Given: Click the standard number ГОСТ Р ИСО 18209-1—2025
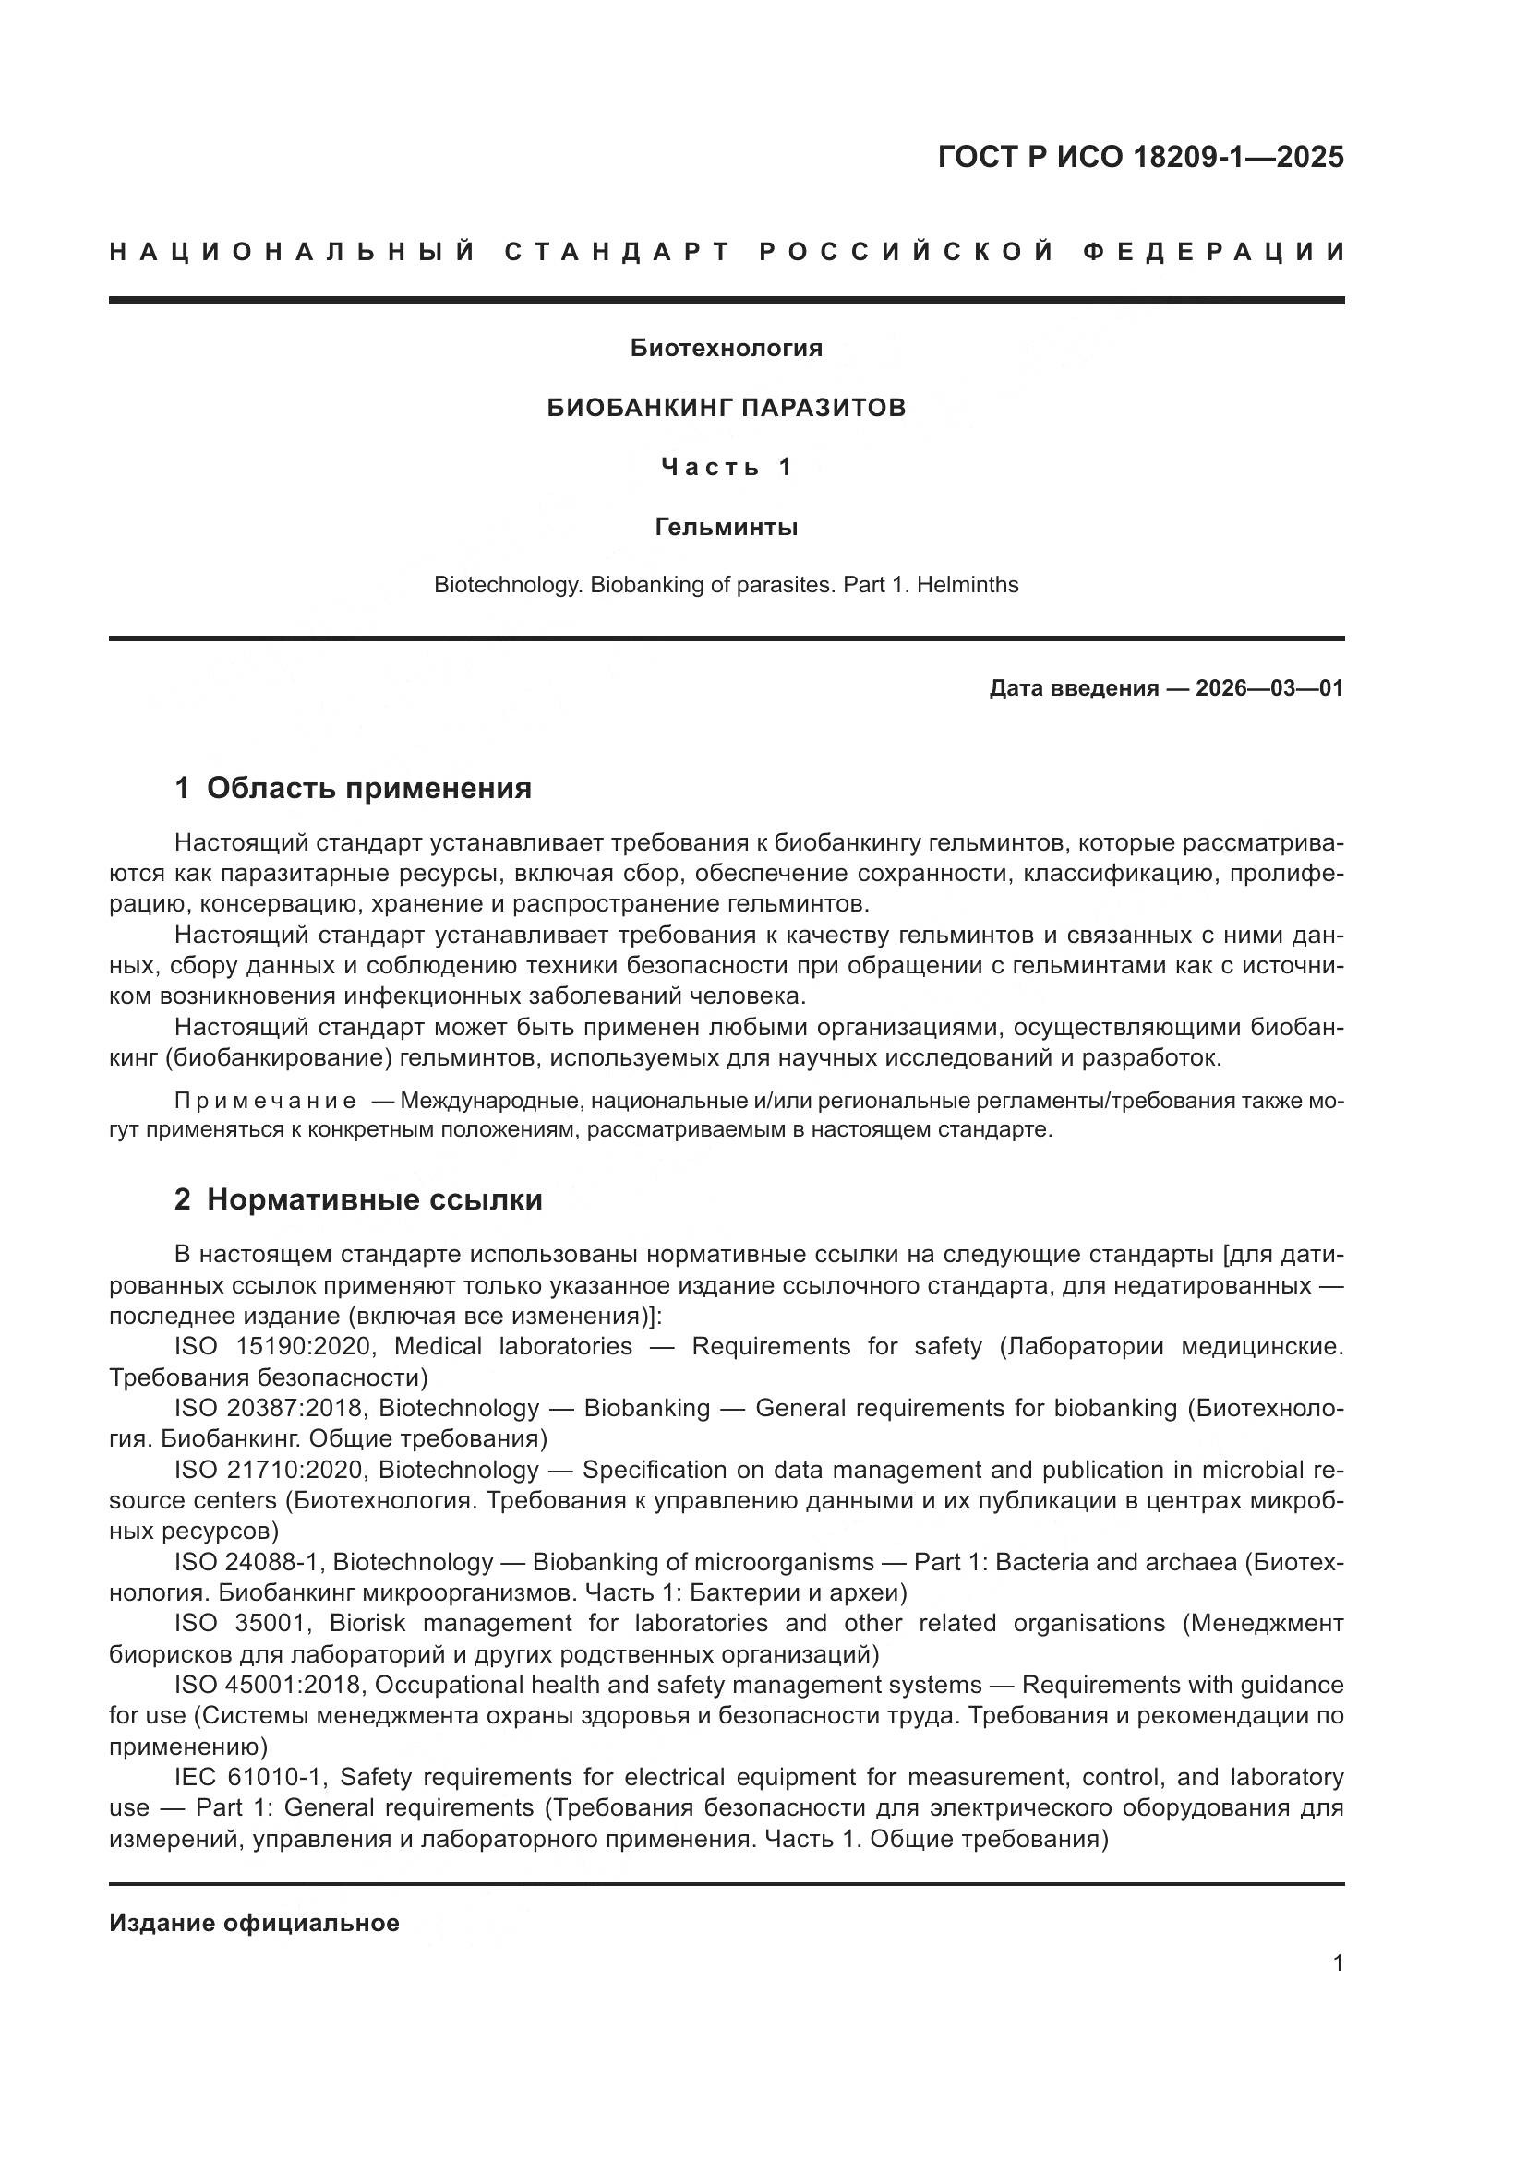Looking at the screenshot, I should click(x=1139, y=157).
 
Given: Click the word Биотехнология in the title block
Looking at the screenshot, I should click(x=726, y=348).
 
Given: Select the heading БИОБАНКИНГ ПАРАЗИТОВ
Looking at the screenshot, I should click(x=726, y=408).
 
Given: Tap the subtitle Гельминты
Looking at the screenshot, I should click(x=726, y=528).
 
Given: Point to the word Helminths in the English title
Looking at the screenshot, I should click(x=968, y=585).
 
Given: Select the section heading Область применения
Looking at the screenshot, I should click(x=368, y=788).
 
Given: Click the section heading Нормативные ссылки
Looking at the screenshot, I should click(x=374, y=1199).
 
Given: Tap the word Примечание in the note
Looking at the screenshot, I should click(x=265, y=1101).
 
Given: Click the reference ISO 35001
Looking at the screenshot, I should click(x=243, y=1623).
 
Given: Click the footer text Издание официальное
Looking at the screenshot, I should click(x=254, y=1922).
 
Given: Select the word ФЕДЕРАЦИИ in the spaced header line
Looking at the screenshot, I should click(x=1214, y=252).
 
